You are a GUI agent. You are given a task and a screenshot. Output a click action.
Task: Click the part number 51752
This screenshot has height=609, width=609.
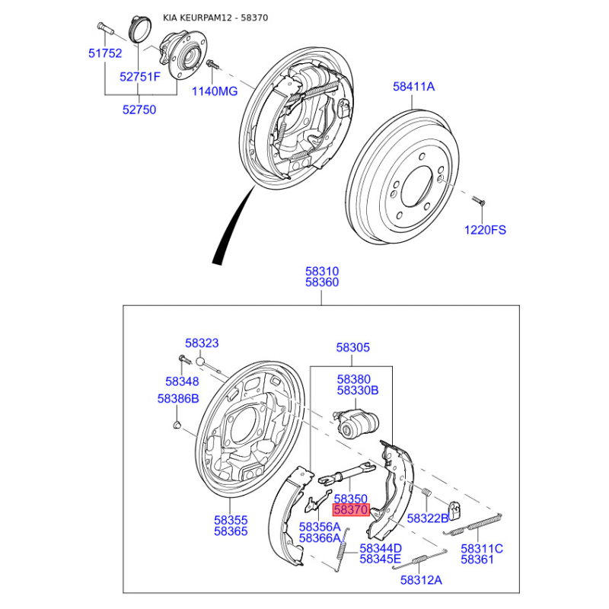105,53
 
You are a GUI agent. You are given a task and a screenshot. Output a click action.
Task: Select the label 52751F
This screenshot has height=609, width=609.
140,77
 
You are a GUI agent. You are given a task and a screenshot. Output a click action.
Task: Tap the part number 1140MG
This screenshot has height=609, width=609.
215,91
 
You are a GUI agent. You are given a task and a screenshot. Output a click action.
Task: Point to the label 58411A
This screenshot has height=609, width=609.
413,86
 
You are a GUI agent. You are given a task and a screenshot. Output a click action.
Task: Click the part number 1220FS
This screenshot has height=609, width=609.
485,230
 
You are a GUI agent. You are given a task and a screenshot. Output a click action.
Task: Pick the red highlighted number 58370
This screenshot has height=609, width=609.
351,509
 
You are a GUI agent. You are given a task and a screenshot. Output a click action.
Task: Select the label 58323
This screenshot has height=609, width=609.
202,343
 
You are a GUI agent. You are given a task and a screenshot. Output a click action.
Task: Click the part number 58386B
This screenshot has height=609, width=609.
178,398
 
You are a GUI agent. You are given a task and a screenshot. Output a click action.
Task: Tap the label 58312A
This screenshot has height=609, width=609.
421,580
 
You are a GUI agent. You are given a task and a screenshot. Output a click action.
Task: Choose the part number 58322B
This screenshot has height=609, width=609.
428,518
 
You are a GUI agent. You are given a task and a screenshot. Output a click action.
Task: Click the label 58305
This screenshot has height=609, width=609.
352,347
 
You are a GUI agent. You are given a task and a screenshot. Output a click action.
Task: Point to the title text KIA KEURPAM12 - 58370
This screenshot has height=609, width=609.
215,18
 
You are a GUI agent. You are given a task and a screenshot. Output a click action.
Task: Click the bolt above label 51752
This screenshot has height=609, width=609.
104,28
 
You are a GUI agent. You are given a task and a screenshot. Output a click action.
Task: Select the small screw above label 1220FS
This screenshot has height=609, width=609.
479,201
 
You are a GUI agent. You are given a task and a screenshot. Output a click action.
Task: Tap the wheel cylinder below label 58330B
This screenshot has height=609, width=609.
356,424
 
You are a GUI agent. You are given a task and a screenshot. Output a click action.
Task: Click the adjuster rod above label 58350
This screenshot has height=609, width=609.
346,473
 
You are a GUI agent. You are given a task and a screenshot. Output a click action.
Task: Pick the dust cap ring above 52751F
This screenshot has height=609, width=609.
140,29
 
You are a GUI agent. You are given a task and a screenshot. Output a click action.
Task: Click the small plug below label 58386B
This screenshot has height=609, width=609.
177,425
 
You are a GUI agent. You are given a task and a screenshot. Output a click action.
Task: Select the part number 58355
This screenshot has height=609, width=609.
231,520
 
